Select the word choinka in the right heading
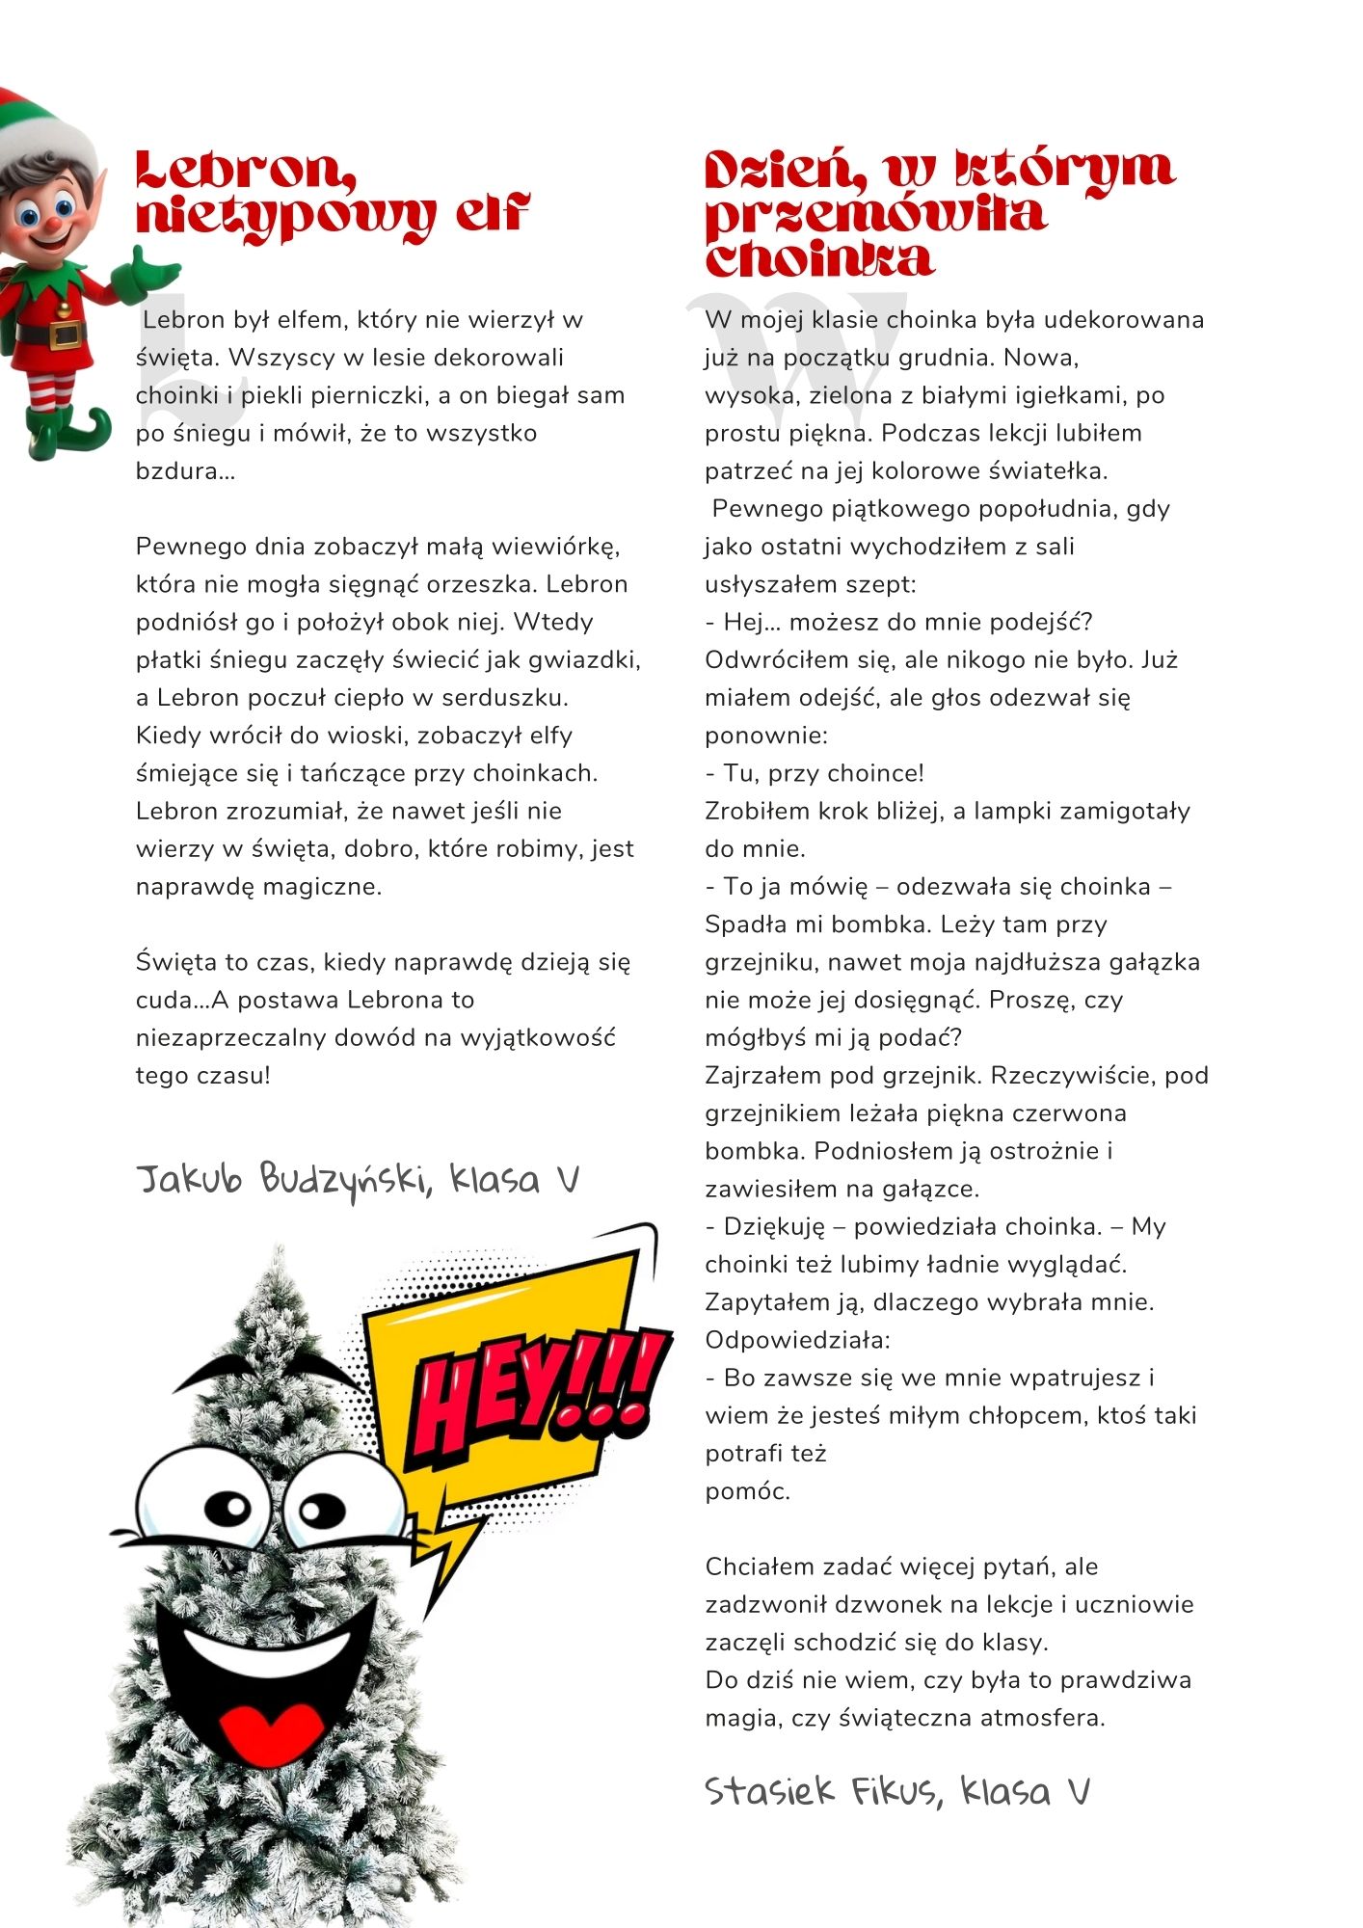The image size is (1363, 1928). (x=819, y=258)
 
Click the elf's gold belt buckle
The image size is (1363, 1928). (x=66, y=334)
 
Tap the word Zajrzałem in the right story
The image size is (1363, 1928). (x=762, y=1076)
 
